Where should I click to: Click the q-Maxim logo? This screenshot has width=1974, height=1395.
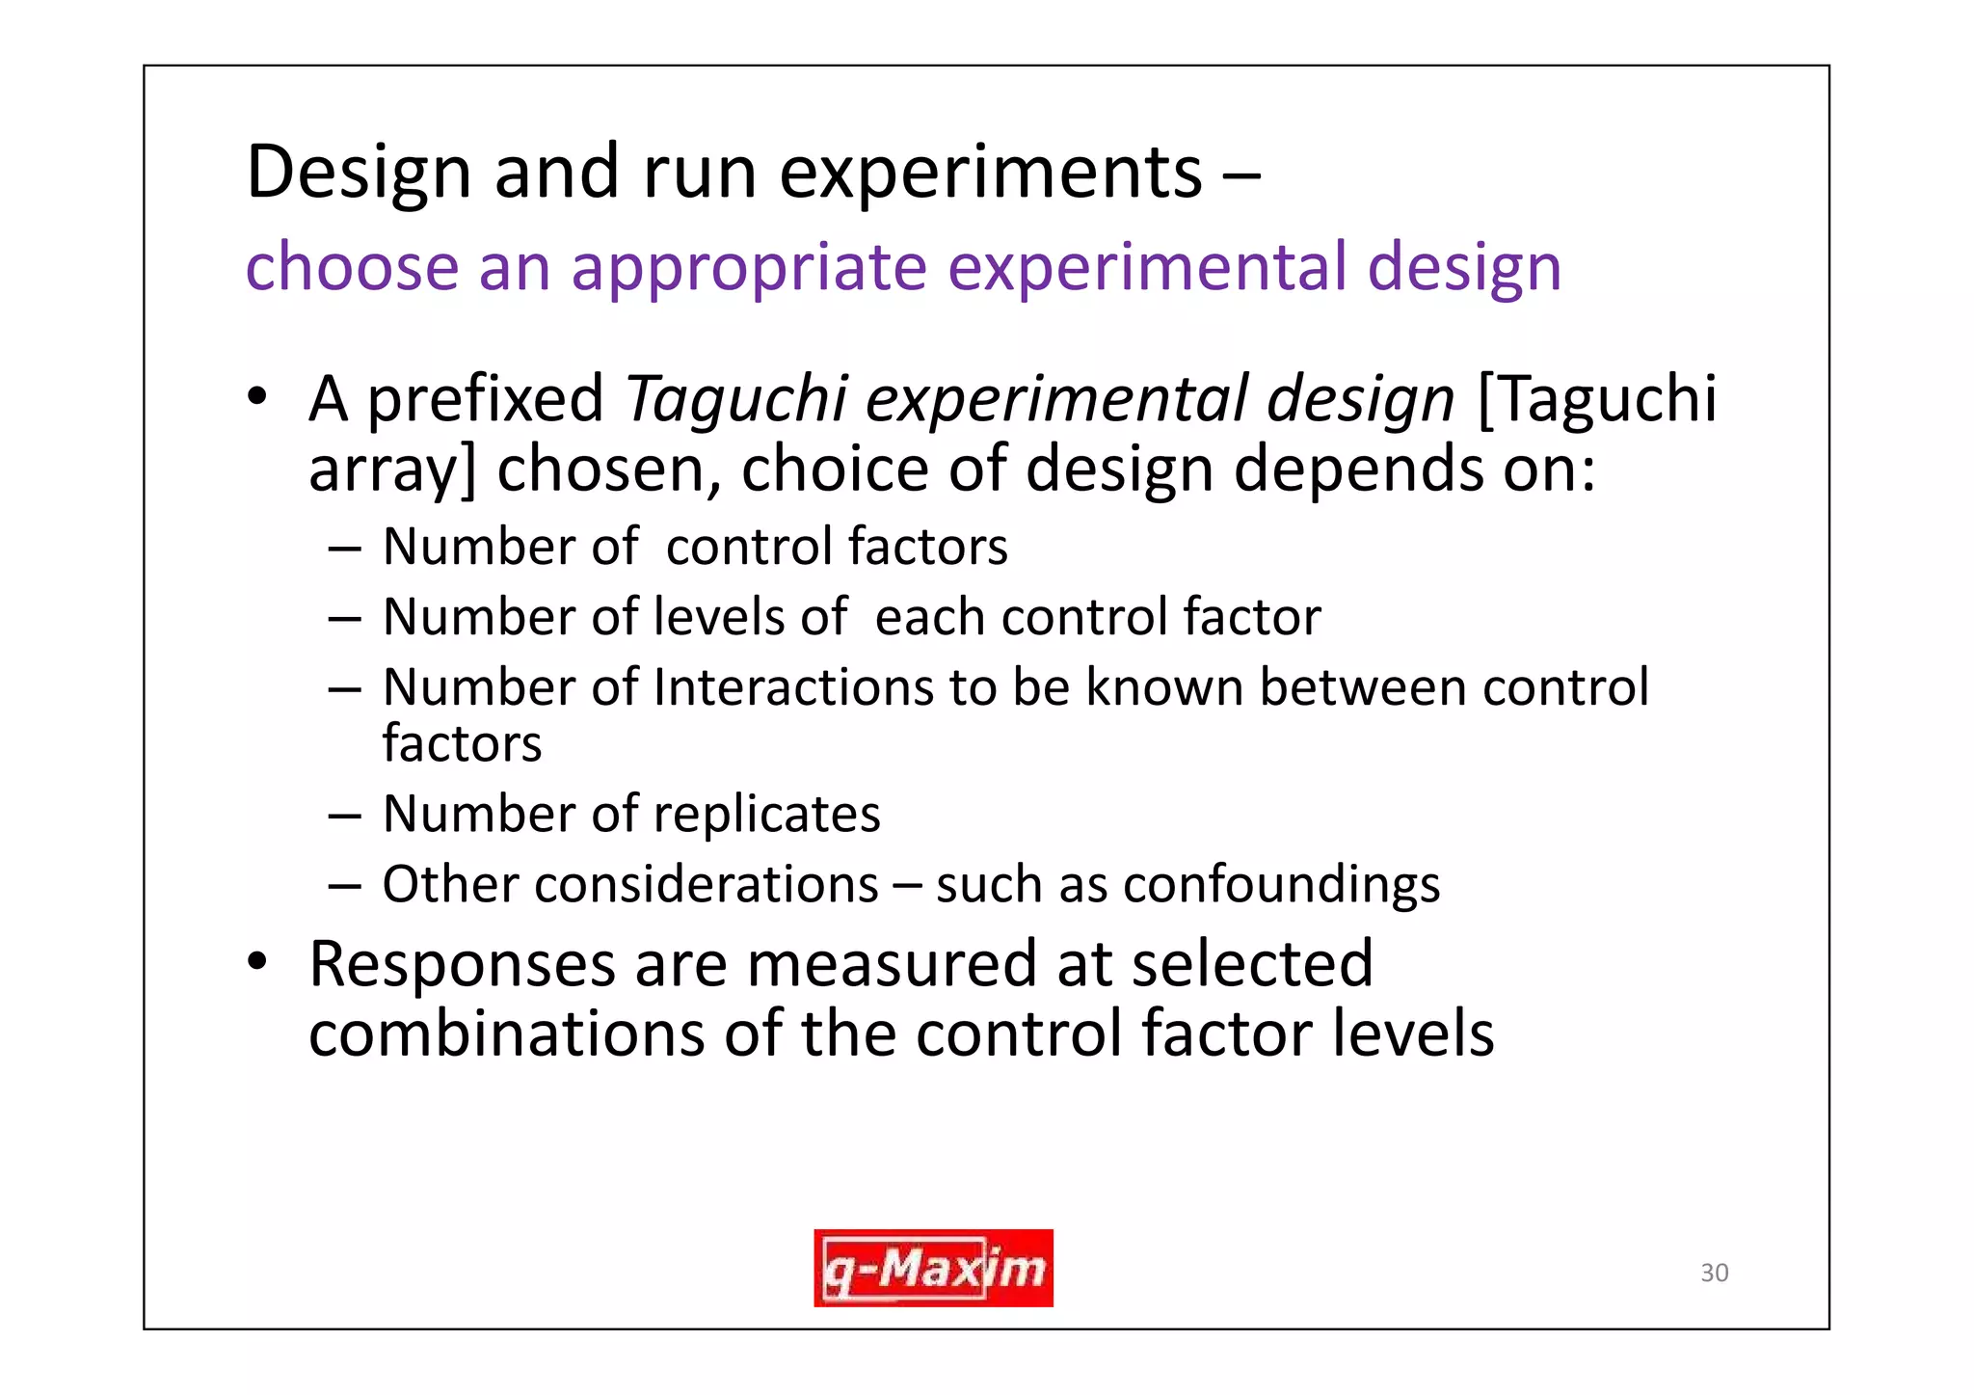point(933,1268)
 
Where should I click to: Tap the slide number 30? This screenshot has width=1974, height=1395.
point(1714,1273)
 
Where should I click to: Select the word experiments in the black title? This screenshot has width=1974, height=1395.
point(991,174)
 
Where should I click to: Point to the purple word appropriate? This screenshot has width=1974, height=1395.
point(748,268)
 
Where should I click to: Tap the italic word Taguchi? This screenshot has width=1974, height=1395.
point(735,399)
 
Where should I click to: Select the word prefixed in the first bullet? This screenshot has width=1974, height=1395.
point(486,399)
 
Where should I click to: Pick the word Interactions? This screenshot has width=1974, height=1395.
point(792,687)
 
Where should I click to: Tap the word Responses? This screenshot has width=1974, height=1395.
point(461,963)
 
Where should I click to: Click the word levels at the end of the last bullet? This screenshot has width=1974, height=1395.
point(1413,1033)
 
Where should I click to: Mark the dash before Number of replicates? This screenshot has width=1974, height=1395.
point(344,816)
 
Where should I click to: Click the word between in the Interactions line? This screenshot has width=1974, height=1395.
point(1362,687)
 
